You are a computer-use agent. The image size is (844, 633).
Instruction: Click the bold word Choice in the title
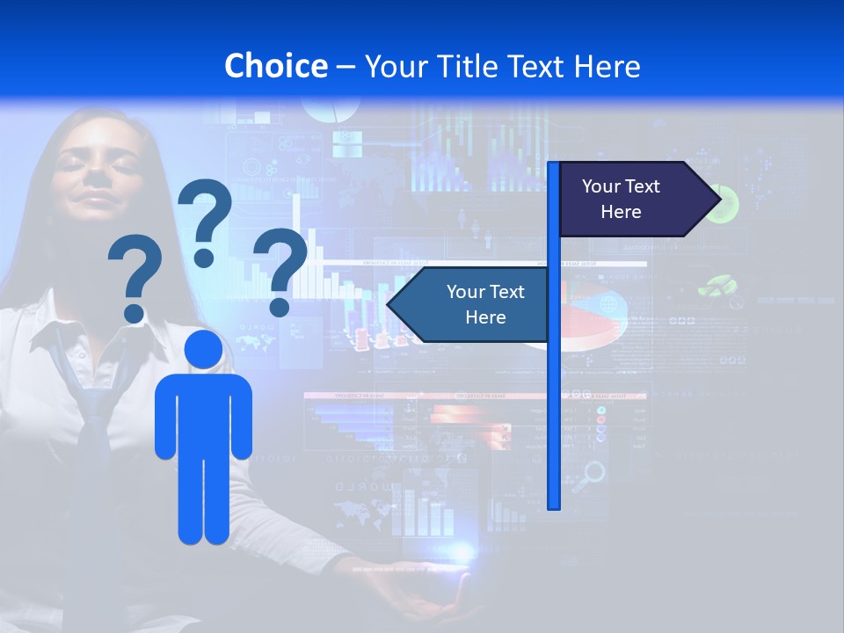coord(275,66)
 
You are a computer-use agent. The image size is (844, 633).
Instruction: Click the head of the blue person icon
coord(203,349)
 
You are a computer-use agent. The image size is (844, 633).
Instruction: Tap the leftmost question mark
coord(135,278)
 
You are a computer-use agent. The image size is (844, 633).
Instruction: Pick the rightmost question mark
coord(280,269)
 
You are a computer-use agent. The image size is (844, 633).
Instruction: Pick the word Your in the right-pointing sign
coord(602,186)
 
